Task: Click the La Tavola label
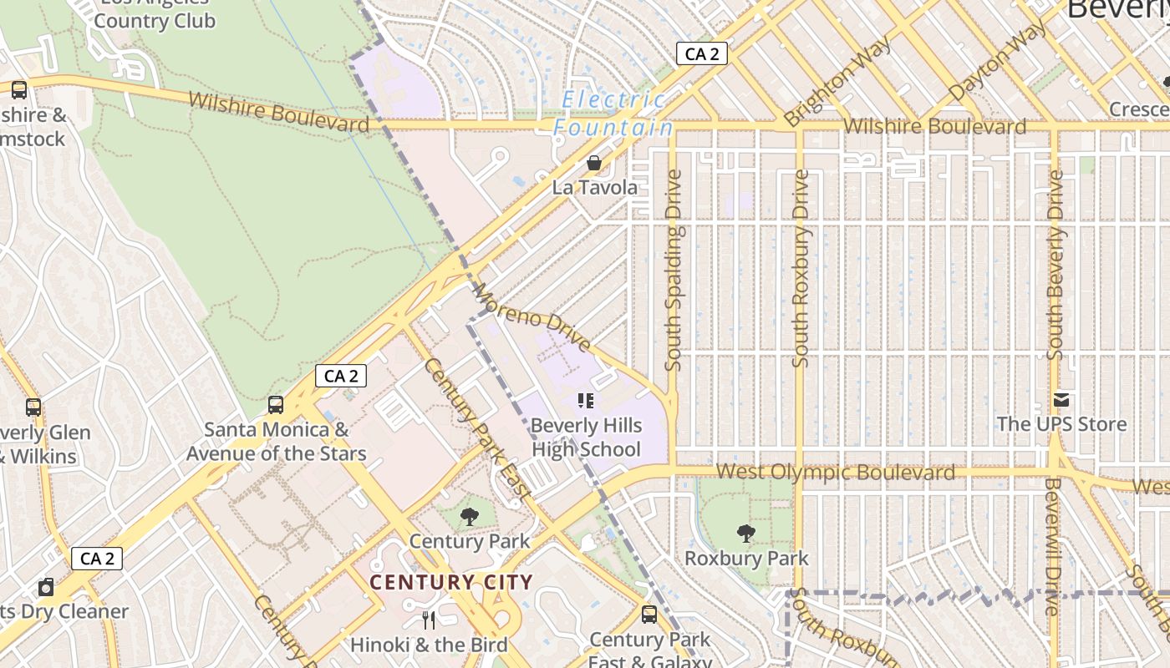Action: click(594, 187)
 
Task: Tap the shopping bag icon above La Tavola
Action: click(593, 162)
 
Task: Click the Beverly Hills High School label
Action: click(587, 438)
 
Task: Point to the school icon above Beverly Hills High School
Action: click(585, 402)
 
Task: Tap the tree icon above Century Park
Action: click(470, 516)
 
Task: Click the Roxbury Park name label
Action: click(746, 558)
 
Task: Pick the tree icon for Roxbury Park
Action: click(745, 533)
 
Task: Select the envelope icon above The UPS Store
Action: click(1061, 400)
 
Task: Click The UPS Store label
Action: click(1061, 424)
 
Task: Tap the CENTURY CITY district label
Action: click(451, 582)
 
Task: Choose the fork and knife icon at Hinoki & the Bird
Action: click(429, 620)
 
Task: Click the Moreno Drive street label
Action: click(532, 317)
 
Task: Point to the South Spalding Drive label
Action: click(674, 271)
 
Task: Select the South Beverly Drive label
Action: click(1056, 266)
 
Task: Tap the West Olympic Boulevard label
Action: click(835, 473)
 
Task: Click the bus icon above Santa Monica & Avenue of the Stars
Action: click(276, 405)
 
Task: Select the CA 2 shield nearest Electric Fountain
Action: click(702, 54)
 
